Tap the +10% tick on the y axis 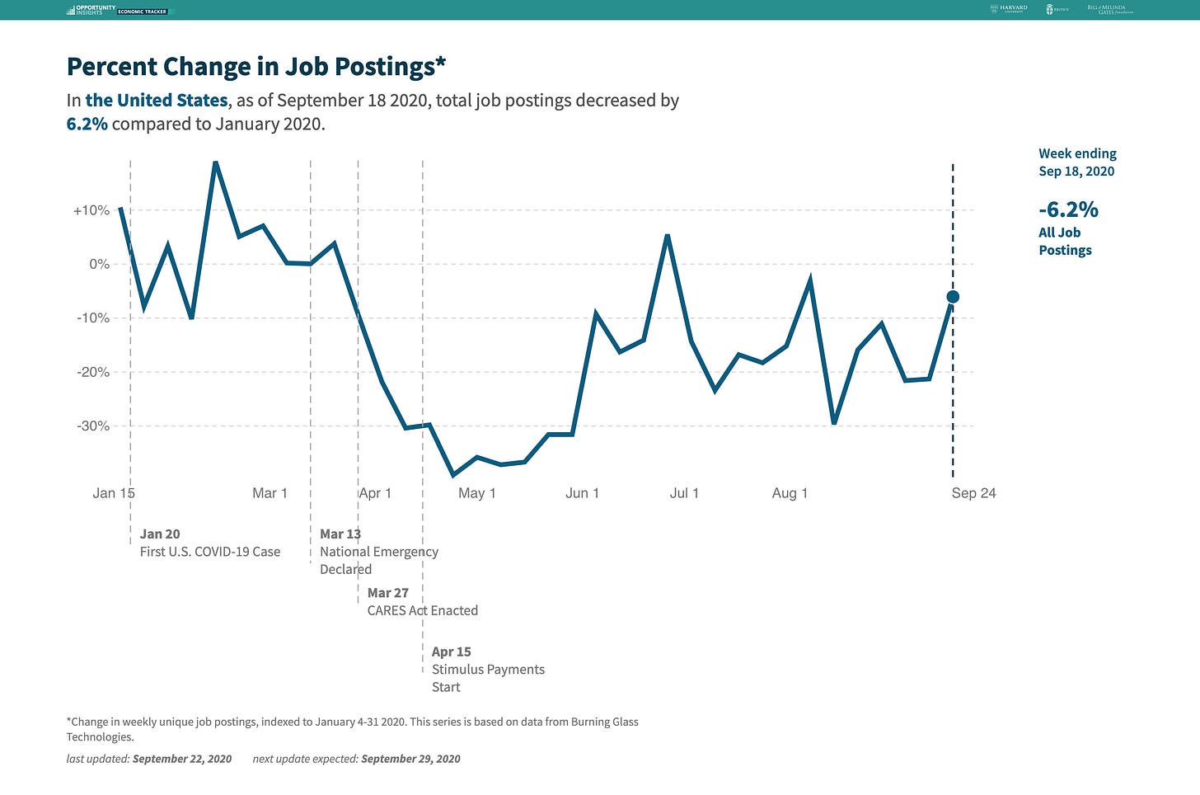click(91, 210)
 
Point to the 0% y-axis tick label click(99, 264)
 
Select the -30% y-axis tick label click(93, 426)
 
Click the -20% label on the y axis click(93, 372)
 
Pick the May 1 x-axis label click(476, 493)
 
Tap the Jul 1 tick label click(684, 493)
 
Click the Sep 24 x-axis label click(973, 493)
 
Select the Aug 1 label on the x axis click(790, 493)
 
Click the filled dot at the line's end click(953, 297)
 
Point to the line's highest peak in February click(215, 162)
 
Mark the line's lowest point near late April click(452, 475)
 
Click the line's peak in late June click(667, 236)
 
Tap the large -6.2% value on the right click(1068, 209)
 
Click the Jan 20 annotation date click(160, 534)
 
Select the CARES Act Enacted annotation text click(423, 611)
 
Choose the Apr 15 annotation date click(452, 652)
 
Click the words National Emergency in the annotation click(379, 552)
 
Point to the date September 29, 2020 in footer click(410, 759)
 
